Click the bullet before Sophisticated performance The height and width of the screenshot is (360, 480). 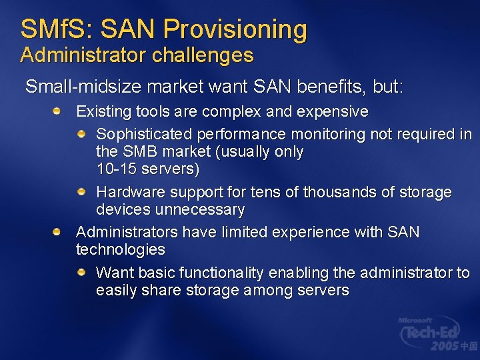click(x=81, y=134)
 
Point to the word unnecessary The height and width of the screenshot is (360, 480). click(x=200, y=210)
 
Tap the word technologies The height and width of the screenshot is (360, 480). click(x=121, y=250)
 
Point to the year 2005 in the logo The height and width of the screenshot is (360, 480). click(x=445, y=346)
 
